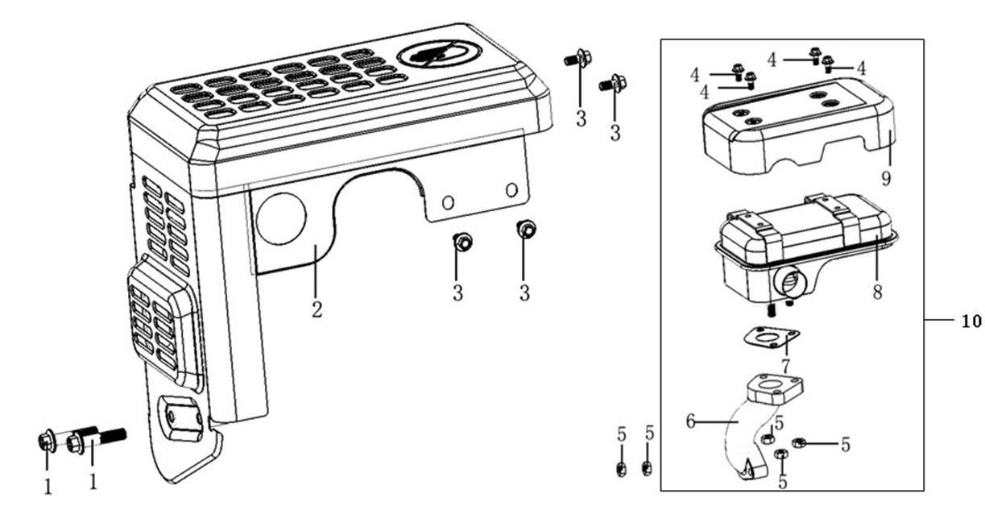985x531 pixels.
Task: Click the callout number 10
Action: pos(971,321)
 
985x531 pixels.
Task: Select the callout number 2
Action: pos(317,309)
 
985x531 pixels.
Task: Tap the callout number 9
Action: pos(886,178)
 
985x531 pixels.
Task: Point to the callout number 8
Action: pos(876,292)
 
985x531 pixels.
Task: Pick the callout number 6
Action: pos(689,420)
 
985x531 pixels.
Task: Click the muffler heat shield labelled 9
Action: pos(797,133)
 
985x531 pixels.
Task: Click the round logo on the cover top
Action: pos(440,54)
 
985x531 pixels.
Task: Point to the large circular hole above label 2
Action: pos(281,218)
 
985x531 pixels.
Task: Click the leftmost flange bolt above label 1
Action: pos(46,441)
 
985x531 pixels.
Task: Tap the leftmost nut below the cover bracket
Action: pos(462,241)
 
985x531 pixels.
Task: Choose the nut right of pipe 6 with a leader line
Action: pos(799,442)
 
